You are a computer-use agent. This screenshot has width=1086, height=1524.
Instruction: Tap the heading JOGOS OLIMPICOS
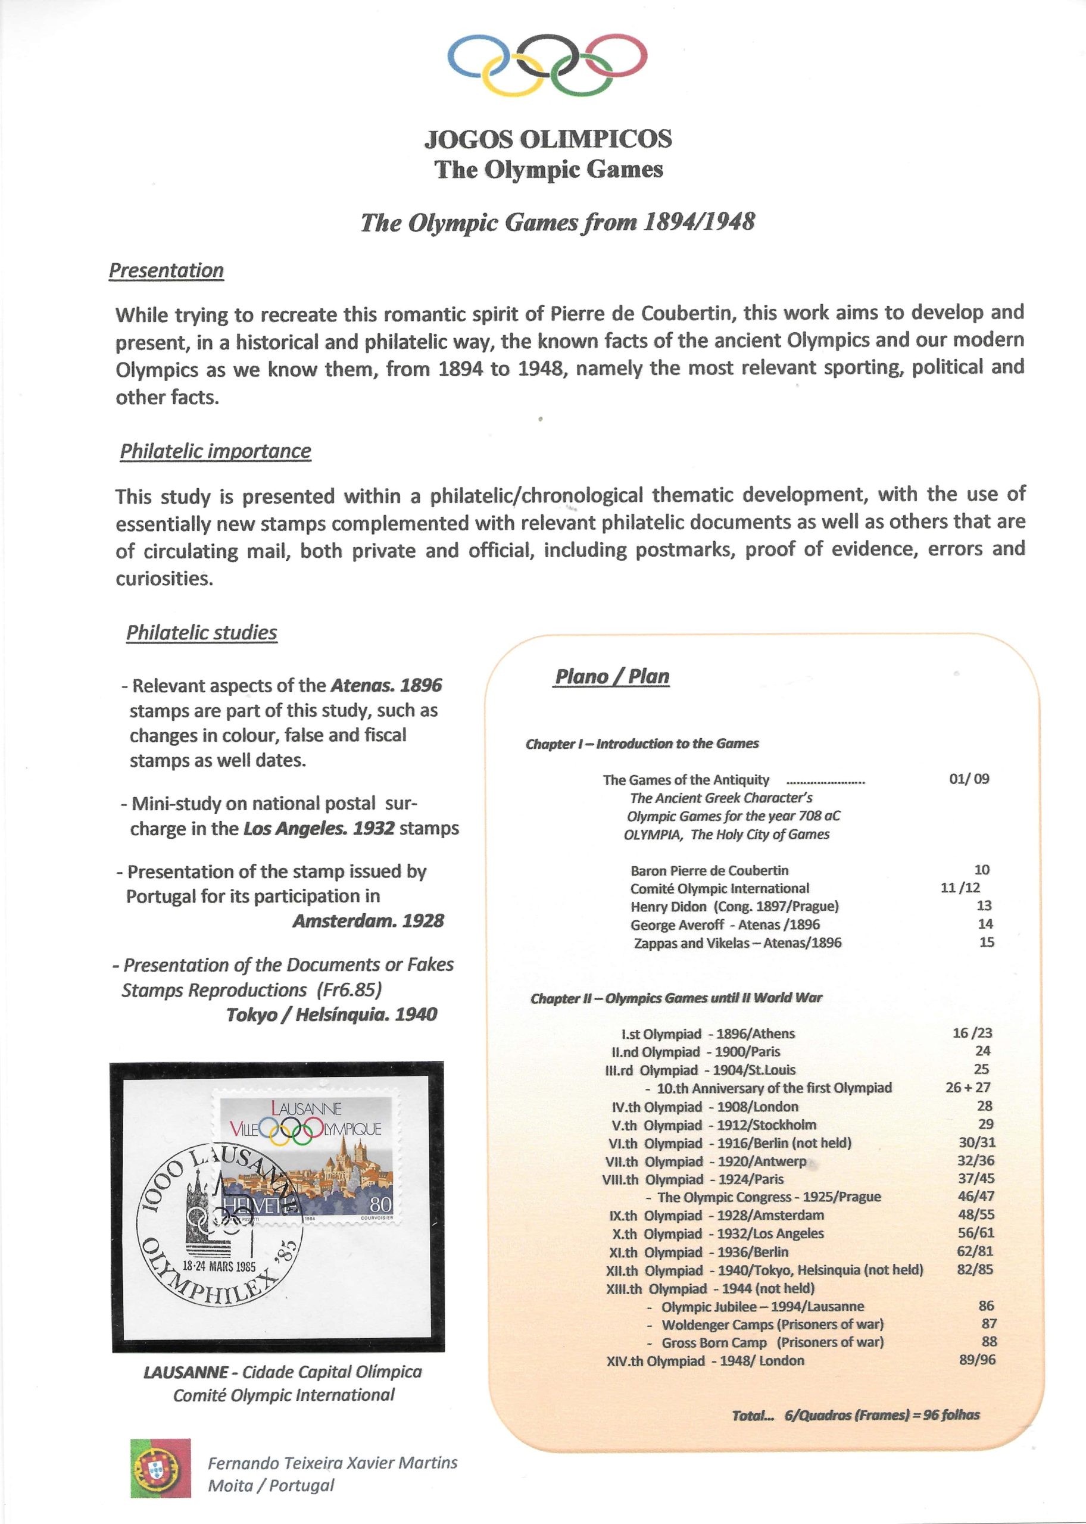point(548,139)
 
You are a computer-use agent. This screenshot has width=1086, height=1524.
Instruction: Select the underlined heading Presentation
point(167,271)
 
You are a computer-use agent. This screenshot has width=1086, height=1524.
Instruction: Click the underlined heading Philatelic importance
point(216,451)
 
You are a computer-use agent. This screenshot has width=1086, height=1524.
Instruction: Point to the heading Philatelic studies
point(202,633)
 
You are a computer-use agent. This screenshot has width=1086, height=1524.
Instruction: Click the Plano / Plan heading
point(612,676)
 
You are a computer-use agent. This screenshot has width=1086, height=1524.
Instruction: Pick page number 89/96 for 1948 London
point(977,1360)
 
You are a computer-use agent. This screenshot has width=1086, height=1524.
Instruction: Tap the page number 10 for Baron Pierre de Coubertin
point(982,870)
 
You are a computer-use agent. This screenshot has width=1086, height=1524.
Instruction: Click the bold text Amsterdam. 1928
point(369,921)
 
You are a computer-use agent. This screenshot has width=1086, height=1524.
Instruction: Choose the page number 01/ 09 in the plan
point(969,779)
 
